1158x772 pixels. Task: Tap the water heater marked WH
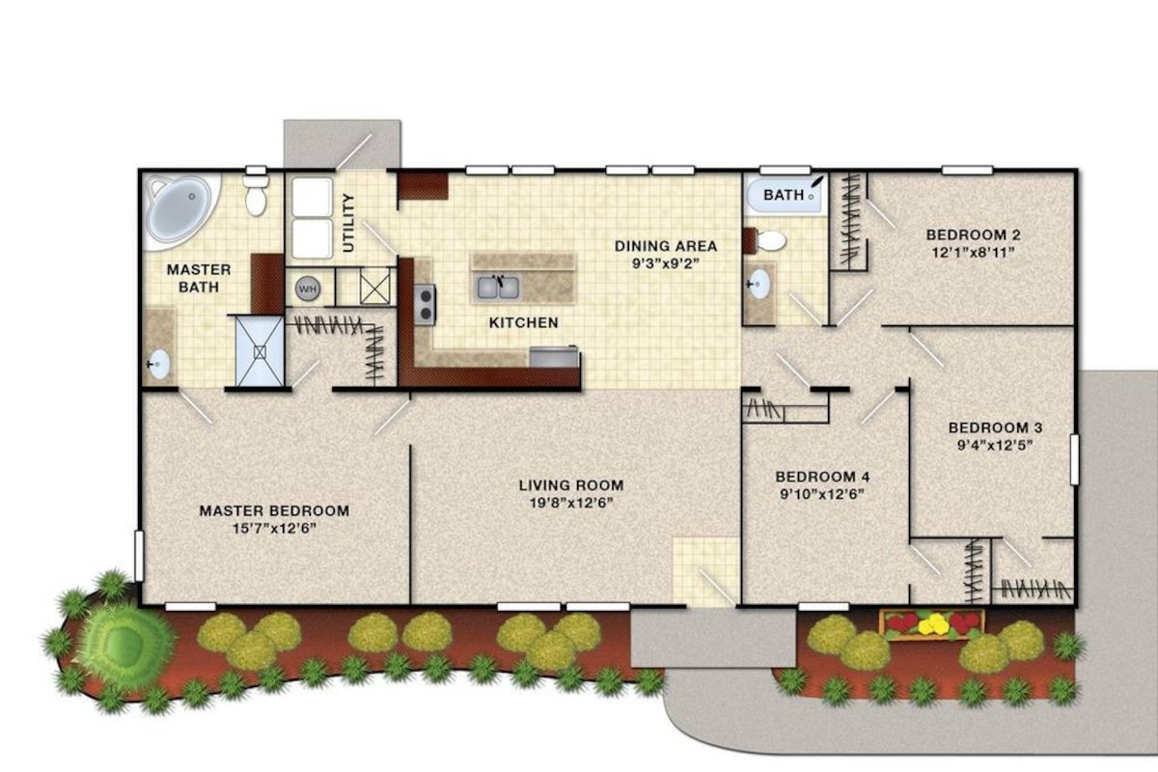[308, 289]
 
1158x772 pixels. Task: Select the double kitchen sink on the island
[498, 288]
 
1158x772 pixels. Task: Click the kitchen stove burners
[425, 305]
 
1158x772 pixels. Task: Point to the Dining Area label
[666, 246]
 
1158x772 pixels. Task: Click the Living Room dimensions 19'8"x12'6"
[571, 503]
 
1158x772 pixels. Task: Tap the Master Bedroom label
[274, 510]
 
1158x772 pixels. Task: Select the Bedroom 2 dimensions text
[974, 253]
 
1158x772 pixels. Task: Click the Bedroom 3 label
[996, 427]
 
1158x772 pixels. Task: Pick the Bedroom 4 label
[822, 477]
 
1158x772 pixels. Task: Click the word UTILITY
[349, 223]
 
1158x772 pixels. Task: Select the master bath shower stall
[260, 351]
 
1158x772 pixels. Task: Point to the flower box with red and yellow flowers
[932, 625]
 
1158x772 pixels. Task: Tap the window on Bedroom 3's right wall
[1074, 459]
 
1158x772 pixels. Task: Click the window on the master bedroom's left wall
[139, 556]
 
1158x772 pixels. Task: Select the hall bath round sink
[758, 284]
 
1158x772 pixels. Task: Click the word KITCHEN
[524, 322]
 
